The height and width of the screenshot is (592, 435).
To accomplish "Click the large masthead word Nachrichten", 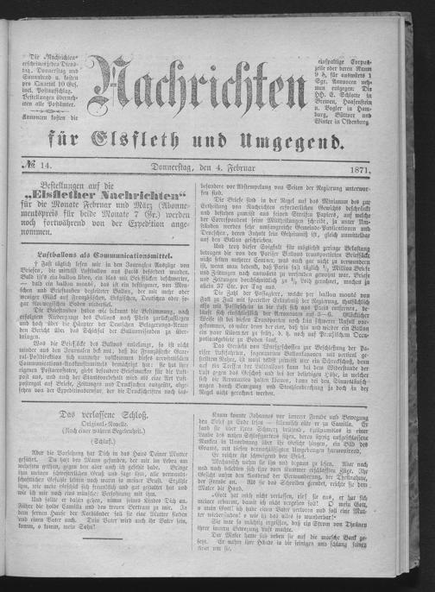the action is click(205, 85).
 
